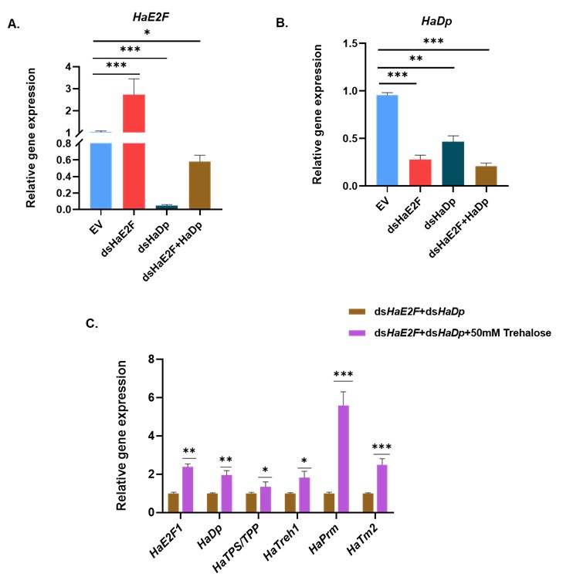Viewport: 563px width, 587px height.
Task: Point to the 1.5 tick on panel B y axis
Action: pyautogui.click(x=360, y=43)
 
